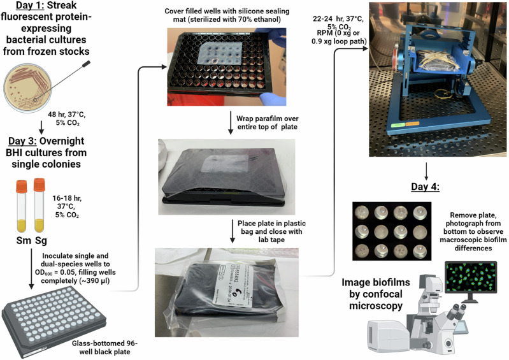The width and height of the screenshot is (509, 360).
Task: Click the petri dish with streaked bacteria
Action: pos(27,88)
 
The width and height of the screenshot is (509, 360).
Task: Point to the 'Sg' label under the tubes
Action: pos(41,241)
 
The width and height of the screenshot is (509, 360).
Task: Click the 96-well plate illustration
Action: pos(54,322)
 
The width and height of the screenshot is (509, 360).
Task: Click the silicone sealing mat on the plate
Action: pos(220,54)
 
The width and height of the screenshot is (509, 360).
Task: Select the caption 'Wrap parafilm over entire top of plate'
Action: pos(268,123)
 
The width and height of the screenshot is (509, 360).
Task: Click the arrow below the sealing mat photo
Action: pos(231,123)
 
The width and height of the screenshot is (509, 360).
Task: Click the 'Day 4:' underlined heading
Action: pos(426,187)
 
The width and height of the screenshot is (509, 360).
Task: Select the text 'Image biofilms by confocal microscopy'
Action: pos(376,294)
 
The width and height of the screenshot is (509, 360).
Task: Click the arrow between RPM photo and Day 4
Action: pos(426,171)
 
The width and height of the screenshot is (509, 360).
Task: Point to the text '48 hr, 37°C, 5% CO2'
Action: pos(67,119)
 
